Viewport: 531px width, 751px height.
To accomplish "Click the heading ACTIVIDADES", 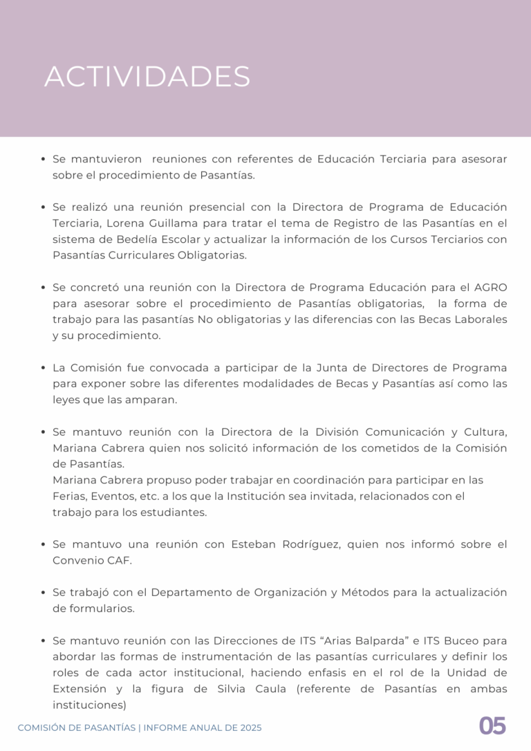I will point(147,77).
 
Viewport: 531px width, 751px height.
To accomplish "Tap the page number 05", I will point(492,726).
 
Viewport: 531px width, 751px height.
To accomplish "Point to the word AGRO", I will point(490,287).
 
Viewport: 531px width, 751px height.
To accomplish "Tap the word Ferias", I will point(69,496).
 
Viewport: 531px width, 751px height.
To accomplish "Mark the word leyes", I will point(67,400).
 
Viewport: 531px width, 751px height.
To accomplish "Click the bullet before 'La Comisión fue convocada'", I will point(44,368).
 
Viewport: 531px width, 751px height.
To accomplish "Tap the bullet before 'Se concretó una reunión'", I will point(44,287).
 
